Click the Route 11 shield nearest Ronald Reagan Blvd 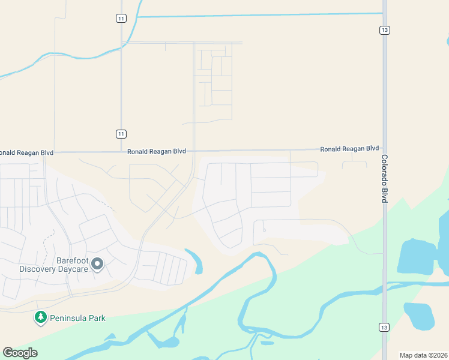pyautogui.click(x=121, y=134)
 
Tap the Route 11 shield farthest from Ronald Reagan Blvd pyautogui.click(x=121, y=19)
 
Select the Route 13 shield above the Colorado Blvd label pyautogui.click(x=385, y=30)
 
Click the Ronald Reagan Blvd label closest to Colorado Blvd pyautogui.click(x=349, y=148)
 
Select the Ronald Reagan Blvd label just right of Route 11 pyautogui.click(x=156, y=152)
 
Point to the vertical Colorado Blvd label pyautogui.click(x=385, y=179)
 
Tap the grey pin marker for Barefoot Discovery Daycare pyautogui.click(x=98, y=263)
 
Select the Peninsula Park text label pyautogui.click(x=77, y=318)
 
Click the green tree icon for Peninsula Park pyautogui.click(x=41, y=317)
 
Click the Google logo pyautogui.click(x=20, y=353)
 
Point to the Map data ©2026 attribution pyautogui.click(x=423, y=355)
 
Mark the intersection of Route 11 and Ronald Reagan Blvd pyautogui.click(x=121, y=152)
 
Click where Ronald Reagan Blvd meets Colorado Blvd pyautogui.click(x=385, y=149)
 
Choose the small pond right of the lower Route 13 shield pyautogui.click(x=418, y=315)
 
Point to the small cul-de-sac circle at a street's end pyautogui.click(x=264, y=230)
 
